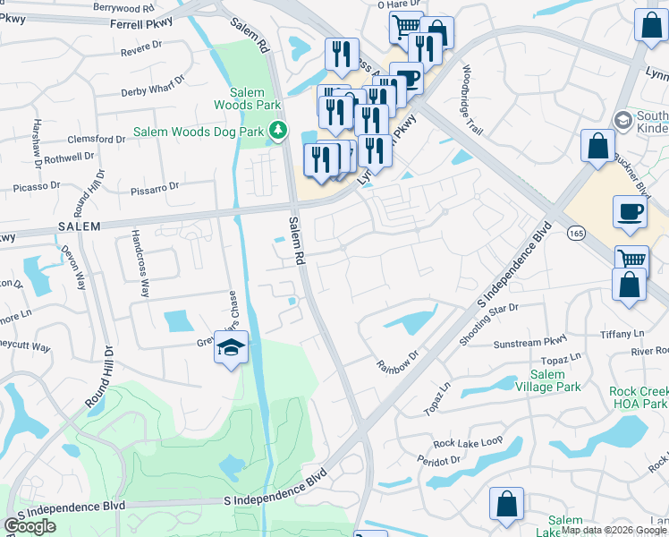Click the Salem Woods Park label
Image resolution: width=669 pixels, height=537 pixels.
[x=242, y=98]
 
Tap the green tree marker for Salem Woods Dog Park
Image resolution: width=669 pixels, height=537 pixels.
[x=278, y=132]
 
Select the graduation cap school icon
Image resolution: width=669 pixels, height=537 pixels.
[x=231, y=348]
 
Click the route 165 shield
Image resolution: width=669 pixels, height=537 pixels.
[x=576, y=233]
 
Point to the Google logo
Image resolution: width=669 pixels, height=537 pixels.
[x=30, y=526]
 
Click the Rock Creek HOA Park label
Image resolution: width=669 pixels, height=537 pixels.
[x=639, y=398]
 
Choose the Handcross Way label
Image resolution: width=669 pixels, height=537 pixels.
[x=140, y=264]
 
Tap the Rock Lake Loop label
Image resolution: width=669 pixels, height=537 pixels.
[x=468, y=443]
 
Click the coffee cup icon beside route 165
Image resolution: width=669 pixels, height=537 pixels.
[x=630, y=211]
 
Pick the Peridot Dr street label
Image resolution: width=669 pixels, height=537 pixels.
[x=438, y=459]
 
